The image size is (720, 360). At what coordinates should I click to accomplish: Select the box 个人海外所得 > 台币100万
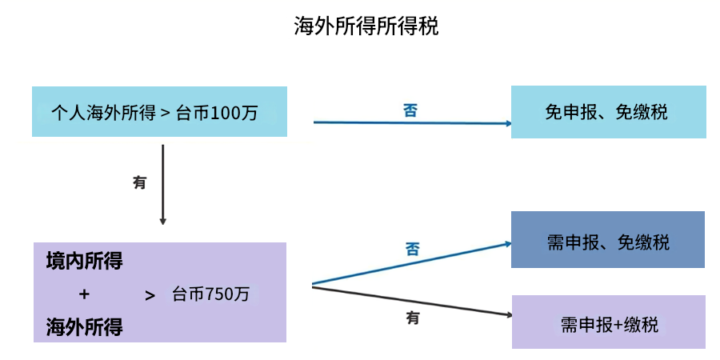click(160, 112)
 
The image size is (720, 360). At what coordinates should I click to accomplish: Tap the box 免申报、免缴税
click(608, 112)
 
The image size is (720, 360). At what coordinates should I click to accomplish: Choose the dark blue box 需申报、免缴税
click(608, 240)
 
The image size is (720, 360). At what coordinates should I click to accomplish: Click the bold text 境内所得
click(84, 261)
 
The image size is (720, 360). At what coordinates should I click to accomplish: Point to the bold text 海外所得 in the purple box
click(84, 326)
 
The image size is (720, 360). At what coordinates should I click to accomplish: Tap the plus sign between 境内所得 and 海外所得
click(84, 294)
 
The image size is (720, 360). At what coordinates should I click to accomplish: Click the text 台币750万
click(211, 294)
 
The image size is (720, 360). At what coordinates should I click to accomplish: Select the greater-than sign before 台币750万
click(150, 294)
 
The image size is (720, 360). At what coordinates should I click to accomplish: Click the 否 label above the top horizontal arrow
click(410, 110)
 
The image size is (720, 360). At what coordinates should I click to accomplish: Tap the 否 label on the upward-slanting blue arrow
click(412, 248)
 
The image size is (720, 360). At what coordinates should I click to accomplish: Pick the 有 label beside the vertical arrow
click(140, 182)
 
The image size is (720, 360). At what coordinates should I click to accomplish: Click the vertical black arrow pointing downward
click(163, 184)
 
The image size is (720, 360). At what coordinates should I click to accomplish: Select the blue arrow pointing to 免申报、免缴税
click(412, 123)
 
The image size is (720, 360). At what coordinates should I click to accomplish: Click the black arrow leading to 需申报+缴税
click(412, 300)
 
